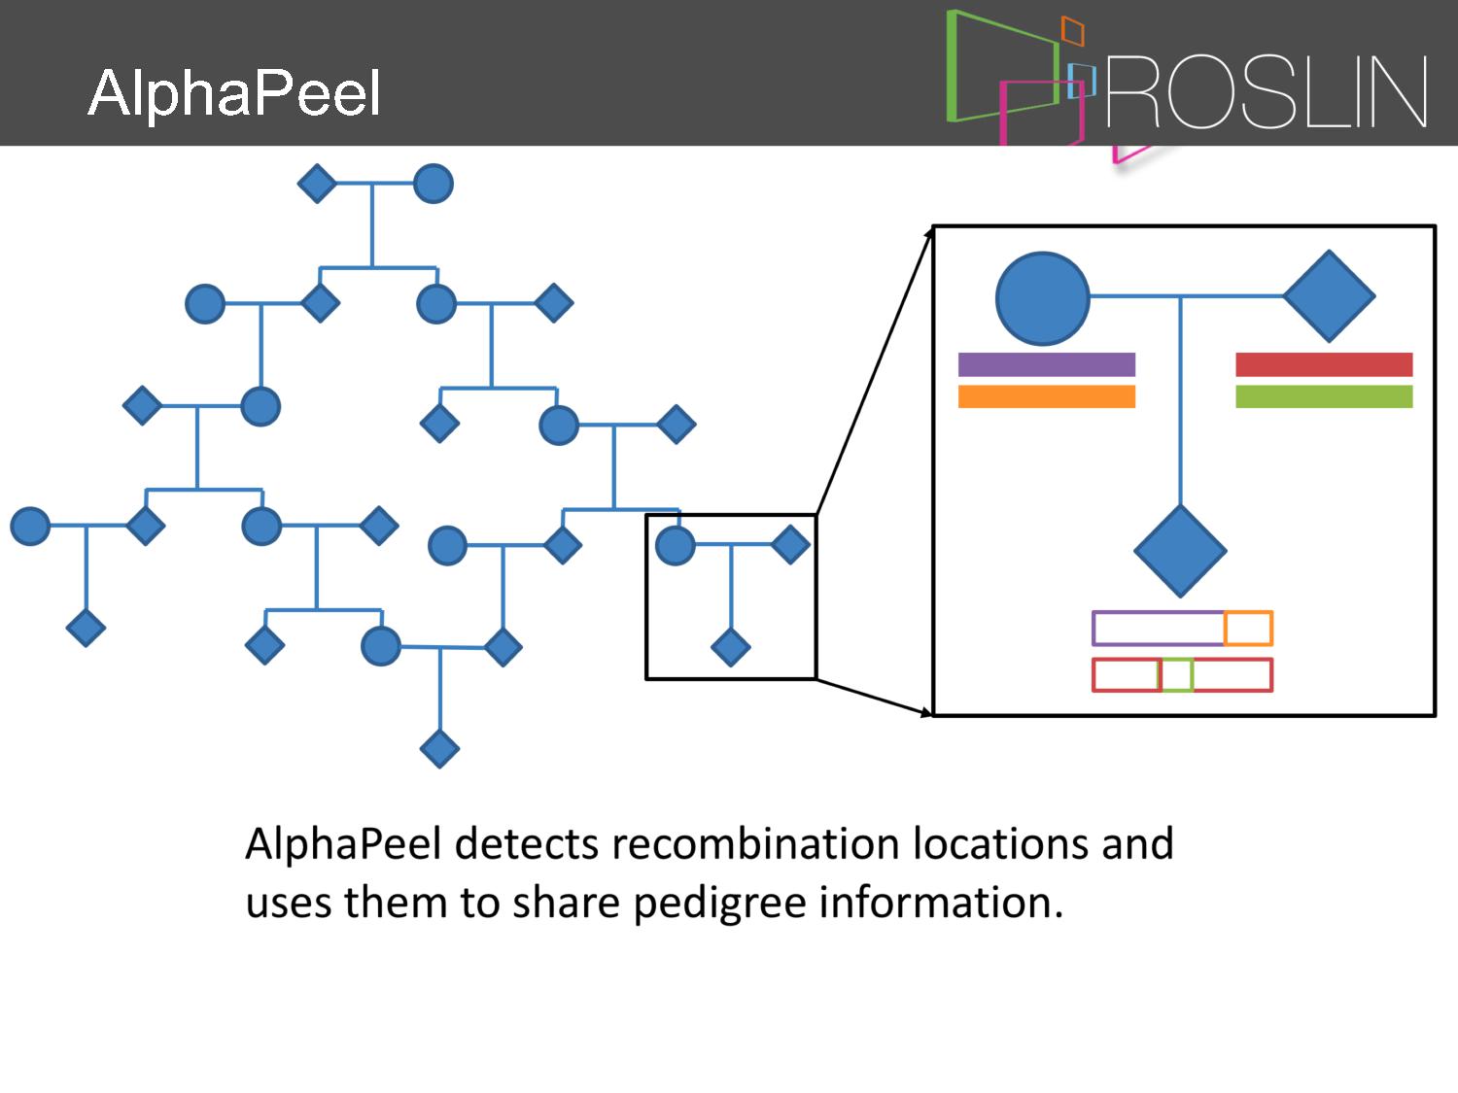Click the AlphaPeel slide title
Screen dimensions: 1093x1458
pos(233,94)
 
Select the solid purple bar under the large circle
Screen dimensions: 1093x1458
pos(1046,364)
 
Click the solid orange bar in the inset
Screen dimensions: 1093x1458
pos(1046,396)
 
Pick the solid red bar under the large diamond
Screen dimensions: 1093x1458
pos(1323,364)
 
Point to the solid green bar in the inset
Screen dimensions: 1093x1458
pos(1323,396)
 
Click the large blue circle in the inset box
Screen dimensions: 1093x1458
pos(1042,298)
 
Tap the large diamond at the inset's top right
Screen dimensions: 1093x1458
pos(1329,296)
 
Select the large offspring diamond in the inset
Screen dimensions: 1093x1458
pos(1180,551)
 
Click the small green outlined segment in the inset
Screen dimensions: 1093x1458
pos(1176,675)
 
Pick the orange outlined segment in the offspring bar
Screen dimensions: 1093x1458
pos(1248,629)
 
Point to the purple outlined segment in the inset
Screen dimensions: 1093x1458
pos(1158,629)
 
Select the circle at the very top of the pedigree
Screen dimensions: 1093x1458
pos(433,184)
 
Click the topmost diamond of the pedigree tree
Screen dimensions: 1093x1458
pos(317,183)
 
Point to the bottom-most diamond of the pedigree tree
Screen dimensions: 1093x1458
pos(439,748)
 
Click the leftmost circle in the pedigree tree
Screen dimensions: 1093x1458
pos(30,526)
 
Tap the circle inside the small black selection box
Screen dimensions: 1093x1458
pos(675,545)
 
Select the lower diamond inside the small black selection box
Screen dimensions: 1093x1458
pos(730,647)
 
